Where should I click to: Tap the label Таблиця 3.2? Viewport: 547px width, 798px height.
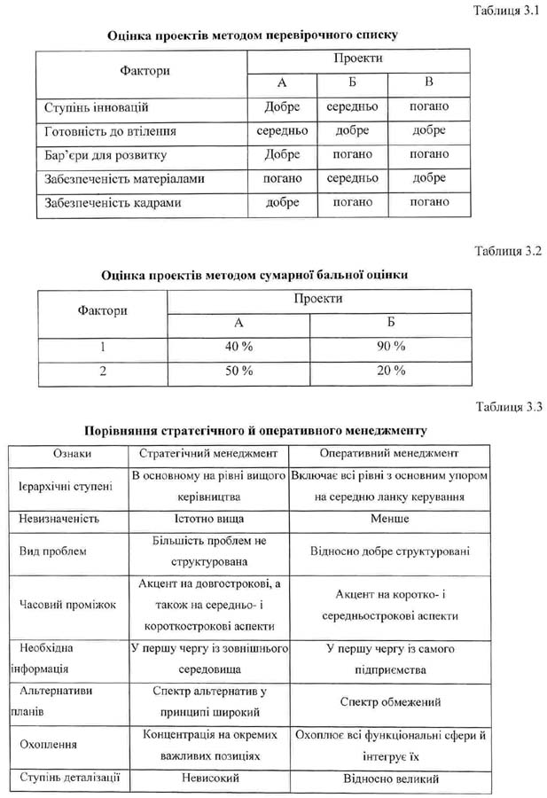(507, 251)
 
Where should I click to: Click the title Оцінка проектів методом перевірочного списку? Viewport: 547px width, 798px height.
(252, 35)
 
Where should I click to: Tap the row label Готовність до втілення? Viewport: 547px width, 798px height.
(110, 130)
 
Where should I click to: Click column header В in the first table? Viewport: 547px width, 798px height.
(429, 82)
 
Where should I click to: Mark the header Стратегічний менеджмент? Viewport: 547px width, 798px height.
(209, 454)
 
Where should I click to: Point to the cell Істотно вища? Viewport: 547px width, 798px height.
(209, 518)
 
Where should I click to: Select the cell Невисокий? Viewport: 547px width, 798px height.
(209, 778)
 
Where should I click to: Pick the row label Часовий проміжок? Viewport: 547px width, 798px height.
(67, 605)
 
